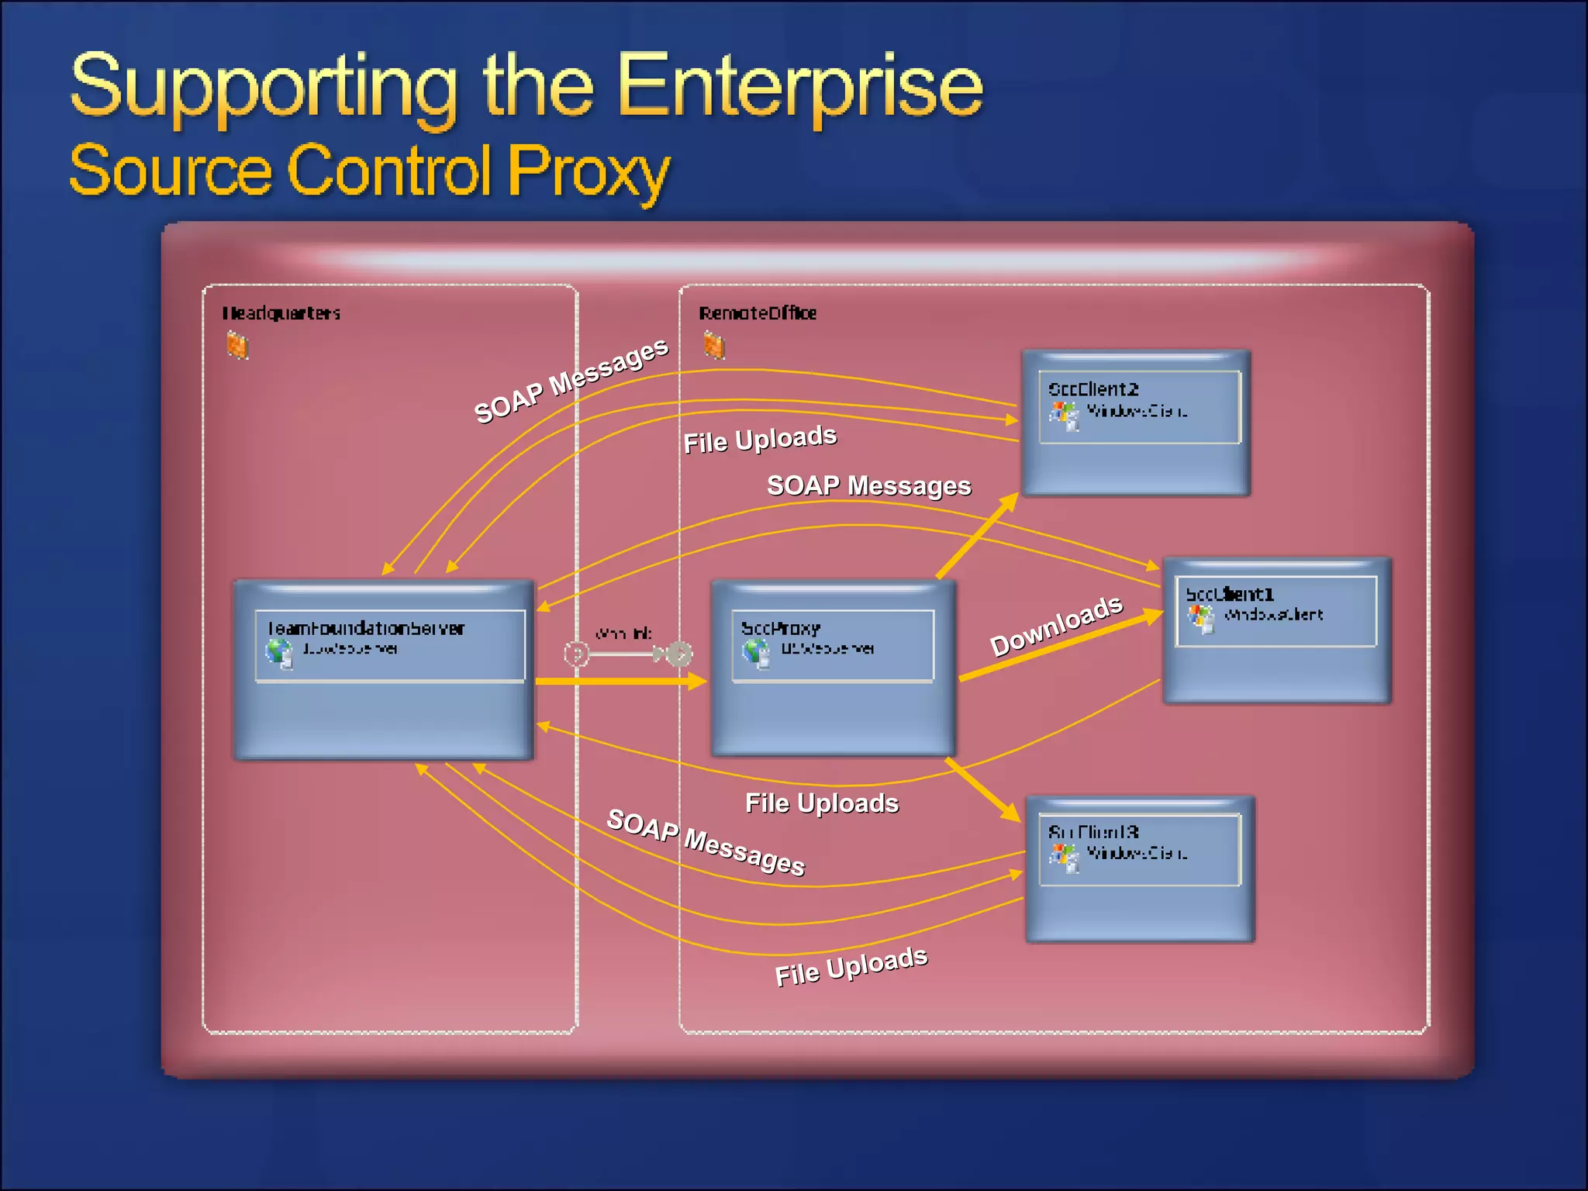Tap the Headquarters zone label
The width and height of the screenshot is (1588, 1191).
coord(281,313)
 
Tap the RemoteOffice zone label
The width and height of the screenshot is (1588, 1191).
coord(758,313)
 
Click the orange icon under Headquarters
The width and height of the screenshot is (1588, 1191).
coord(237,345)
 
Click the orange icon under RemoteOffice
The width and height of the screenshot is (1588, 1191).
coord(714,345)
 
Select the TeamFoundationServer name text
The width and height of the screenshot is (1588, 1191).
coord(365,628)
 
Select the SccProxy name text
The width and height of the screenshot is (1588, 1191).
coord(780,628)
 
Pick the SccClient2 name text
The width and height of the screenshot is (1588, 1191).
coord(1093,389)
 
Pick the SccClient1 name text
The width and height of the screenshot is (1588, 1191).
coord(1230,595)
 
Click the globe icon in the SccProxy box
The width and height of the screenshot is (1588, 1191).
coord(756,654)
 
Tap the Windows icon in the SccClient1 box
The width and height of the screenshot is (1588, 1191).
coord(1201,618)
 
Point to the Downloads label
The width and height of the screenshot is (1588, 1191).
coord(1056,625)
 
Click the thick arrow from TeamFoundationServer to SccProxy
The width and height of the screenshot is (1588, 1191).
coord(620,682)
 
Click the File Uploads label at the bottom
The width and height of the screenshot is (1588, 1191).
coord(851,966)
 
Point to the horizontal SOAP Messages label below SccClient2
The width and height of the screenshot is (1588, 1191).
coord(868,485)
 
